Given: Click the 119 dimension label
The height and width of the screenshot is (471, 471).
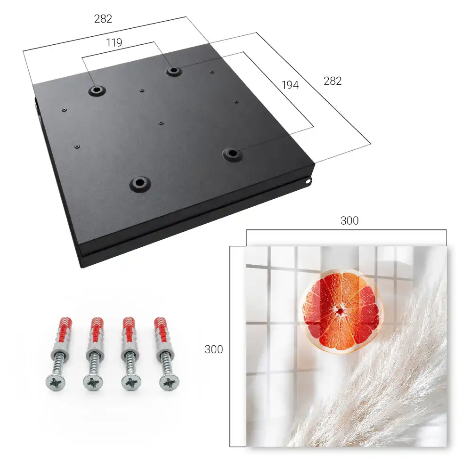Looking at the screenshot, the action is [x=114, y=43].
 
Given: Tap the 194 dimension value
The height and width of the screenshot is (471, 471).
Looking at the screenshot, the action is [x=290, y=85].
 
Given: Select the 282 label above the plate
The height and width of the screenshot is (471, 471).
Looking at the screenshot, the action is [x=103, y=19].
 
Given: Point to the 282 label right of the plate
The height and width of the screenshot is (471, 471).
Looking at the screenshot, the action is [x=333, y=81].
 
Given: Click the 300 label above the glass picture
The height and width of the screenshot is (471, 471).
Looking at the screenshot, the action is [x=349, y=221].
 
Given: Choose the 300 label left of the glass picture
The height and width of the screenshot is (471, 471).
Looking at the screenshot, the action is [x=213, y=349].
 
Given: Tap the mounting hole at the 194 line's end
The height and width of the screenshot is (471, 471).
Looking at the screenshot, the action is [x=232, y=154].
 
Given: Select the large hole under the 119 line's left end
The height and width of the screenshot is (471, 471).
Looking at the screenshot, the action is [x=97, y=90].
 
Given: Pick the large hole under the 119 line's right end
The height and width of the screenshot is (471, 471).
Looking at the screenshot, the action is [x=173, y=71].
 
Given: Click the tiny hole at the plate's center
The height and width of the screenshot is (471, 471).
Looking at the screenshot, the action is [x=161, y=123].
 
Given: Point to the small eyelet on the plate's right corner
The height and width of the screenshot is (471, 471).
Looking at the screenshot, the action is [x=308, y=181].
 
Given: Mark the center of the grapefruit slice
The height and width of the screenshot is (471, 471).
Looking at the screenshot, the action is [x=341, y=311].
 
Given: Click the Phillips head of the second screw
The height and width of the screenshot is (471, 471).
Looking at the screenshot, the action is [x=93, y=382].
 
